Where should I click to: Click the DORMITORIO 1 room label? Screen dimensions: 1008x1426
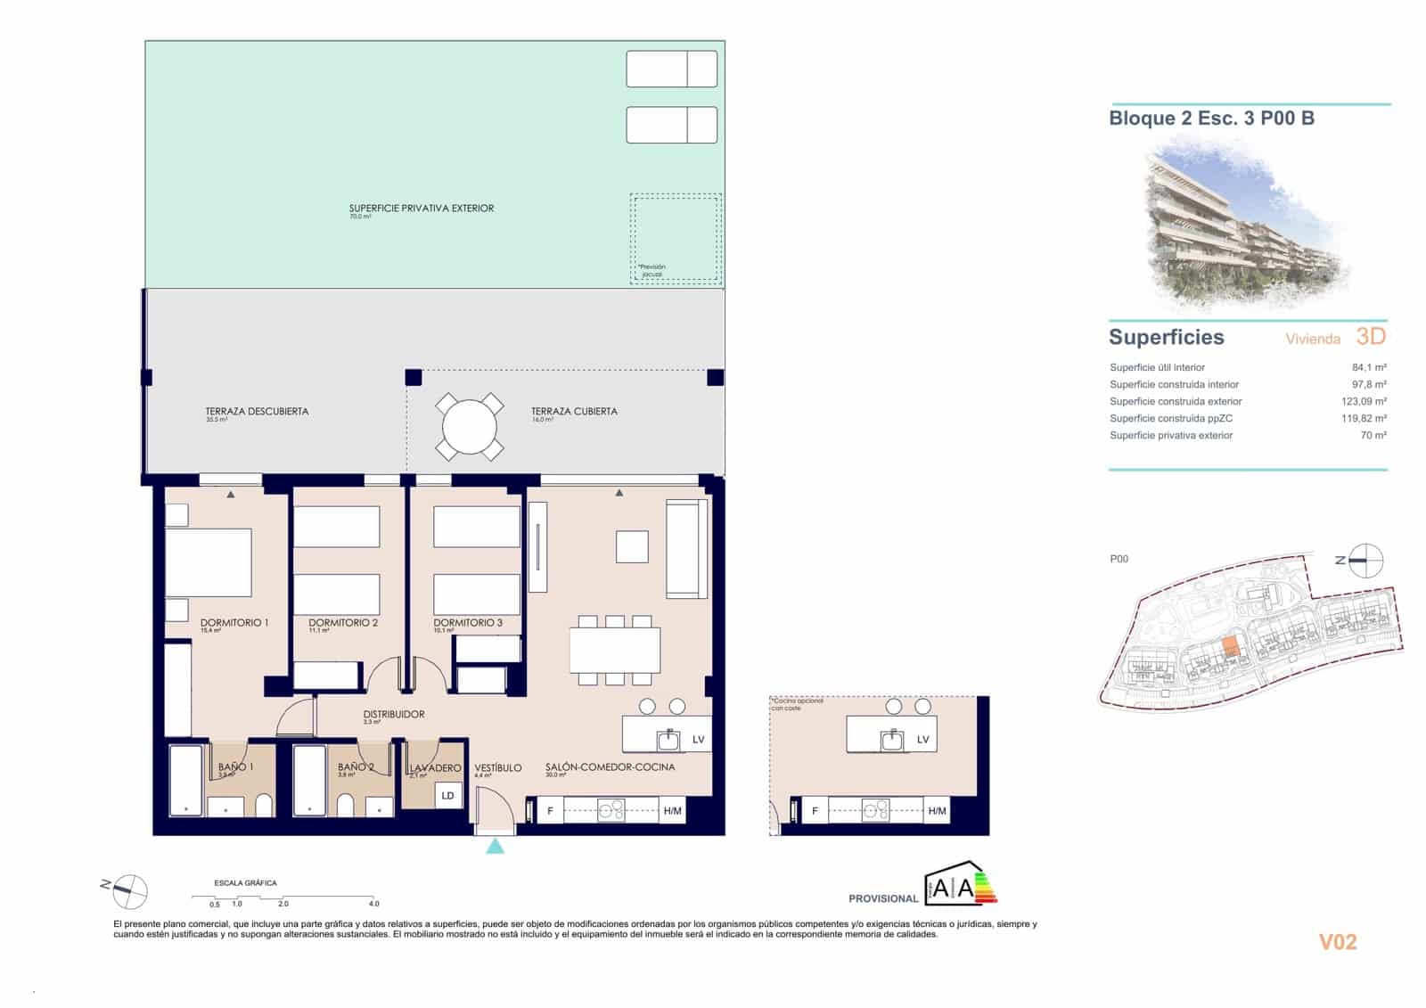(x=234, y=623)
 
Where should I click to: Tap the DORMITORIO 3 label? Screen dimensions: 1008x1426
(x=468, y=623)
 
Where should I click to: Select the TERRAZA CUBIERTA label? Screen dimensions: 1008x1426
(x=574, y=412)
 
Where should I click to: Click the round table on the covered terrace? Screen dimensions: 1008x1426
(x=469, y=426)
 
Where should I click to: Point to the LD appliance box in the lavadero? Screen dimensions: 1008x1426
(x=448, y=795)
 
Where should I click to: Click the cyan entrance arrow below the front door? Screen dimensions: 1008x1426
(x=495, y=845)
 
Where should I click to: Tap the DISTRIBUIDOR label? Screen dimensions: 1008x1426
(x=394, y=715)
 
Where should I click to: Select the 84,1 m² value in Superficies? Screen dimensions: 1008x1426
(x=1368, y=367)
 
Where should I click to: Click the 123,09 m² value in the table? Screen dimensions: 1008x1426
(x=1363, y=401)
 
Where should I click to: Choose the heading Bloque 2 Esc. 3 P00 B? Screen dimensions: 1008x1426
(x=1211, y=119)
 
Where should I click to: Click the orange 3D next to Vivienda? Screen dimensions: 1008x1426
(x=1371, y=336)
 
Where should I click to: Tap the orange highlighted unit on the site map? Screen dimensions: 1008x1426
(x=1230, y=646)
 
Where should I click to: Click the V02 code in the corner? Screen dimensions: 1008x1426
(x=1337, y=942)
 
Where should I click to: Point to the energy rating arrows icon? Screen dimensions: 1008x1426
(x=985, y=887)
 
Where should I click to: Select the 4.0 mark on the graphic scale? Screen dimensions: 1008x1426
(x=374, y=904)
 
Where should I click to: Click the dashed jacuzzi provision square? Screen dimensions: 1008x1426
(x=676, y=238)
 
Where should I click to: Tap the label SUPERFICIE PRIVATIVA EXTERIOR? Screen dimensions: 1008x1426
(x=421, y=209)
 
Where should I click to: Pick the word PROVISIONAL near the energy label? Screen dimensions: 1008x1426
(x=882, y=898)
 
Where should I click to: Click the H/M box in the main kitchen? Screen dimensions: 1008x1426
(x=672, y=811)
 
